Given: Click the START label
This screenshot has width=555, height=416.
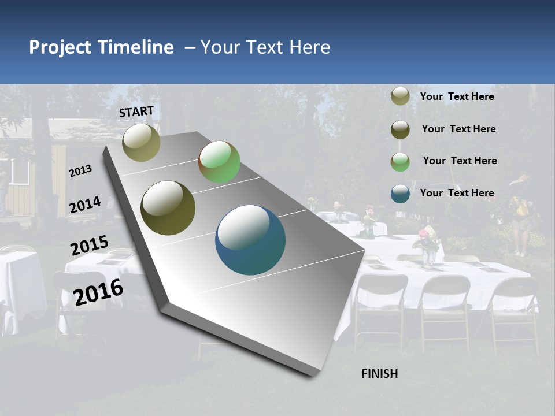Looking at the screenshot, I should click(x=136, y=112).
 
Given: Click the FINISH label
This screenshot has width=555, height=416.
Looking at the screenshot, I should click(x=379, y=374).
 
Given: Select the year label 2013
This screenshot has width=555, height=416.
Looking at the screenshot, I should click(x=80, y=171).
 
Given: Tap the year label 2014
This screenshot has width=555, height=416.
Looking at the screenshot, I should click(x=85, y=205).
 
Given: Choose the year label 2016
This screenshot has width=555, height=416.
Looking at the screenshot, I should click(x=98, y=292).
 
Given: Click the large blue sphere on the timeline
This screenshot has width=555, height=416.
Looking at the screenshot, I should click(x=250, y=240).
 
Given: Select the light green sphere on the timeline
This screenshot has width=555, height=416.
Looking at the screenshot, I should click(x=219, y=162).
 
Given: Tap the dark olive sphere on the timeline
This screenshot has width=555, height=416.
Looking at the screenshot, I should click(x=168, y=208).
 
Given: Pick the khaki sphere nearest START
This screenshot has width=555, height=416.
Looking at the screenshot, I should click(x=141, y=142).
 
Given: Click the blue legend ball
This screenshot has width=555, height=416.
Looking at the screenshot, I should click(x=400, y=194).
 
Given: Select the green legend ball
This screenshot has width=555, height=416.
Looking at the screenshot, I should click(x=400, y=162).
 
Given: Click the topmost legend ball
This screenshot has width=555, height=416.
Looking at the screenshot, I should click(x=400, y=96).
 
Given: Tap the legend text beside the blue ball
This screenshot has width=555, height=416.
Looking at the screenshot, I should click(x=457, y=193).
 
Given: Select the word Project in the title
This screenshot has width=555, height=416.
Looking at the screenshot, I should click(x=59, y=47).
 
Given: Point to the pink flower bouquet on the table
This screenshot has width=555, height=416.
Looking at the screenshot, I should click(x=427, y=237).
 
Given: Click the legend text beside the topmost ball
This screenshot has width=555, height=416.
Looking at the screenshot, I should click(x=457, y=96).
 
